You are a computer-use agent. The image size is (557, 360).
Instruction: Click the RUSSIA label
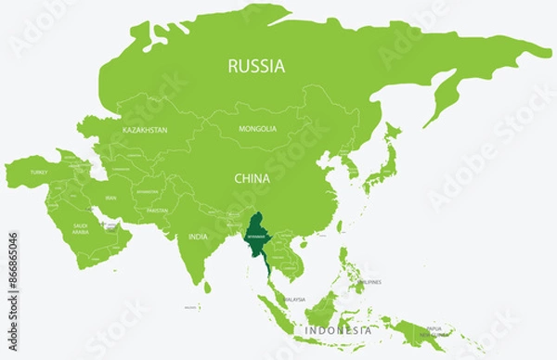[x=257, y=66]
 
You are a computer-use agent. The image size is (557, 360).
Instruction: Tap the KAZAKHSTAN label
[x=145, y=131]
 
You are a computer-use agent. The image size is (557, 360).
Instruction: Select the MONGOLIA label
[x=257, y=129]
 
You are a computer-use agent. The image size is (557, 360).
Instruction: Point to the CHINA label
[x=252, y=177]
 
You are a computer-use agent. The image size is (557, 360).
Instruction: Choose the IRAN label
[x=110, y=198]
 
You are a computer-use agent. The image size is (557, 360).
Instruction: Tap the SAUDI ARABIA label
[x=81, y=227]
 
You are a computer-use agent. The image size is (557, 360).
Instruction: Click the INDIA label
[x=198, y=238]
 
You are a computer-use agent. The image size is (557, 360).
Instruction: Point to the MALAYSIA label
[x=295, y=300]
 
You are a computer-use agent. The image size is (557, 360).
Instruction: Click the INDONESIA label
[x=339, y=329]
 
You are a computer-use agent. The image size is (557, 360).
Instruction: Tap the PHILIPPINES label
[x=369, y=281]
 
